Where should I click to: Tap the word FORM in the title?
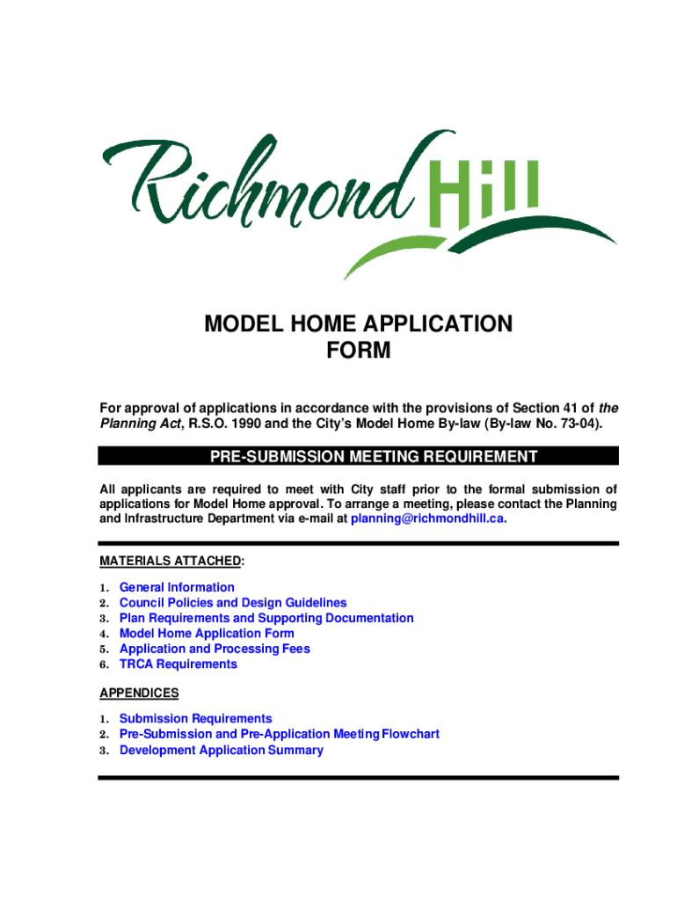coord(358,352)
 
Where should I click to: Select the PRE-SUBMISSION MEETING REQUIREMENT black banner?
coord(359,456)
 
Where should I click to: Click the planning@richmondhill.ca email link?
coord(428,519)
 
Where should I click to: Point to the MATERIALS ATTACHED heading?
coord(171,561)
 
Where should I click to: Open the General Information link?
coord(177,587)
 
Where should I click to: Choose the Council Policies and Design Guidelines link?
coord(233,603)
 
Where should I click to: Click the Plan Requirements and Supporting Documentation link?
coord(266,618)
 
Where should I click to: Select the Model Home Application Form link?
coord(207,634)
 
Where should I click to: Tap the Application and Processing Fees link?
coord(215,649)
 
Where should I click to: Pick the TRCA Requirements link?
coord(178,664)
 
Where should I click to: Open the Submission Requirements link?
coord(196,719)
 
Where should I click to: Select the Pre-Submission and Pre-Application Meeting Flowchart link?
coord(280,734)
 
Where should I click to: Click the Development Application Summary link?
coord(222,751)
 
